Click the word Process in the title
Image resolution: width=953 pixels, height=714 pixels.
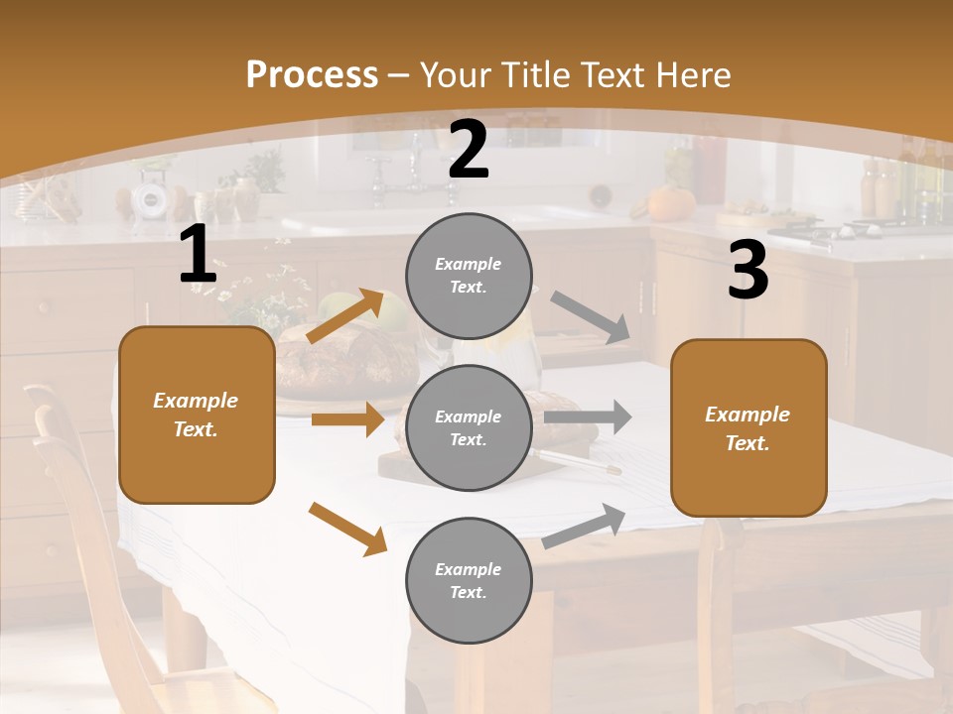pyautogui.click(x=312, y=75)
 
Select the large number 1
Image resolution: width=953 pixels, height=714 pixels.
pyautogui.click(x=198, y=255)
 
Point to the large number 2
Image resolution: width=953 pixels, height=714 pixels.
pyautogui.click(x=469, y=150)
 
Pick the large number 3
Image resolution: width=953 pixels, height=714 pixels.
pyautogui.click(x=748, y=270)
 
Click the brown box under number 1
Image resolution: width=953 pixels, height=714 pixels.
pyautogui.click(x=197, y=415)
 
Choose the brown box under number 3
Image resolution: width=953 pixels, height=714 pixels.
pyautogui.click(x=749, y=427)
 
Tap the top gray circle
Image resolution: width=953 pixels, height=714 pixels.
pyautogui.click(x=469, y=275)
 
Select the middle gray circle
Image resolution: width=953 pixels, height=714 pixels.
pyautogui.click(x=469, y=427)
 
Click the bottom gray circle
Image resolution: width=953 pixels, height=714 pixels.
pyautogui.click(x=469, y=580)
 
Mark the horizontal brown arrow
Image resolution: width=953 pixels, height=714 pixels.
pyautogui.click(x=347, y=419)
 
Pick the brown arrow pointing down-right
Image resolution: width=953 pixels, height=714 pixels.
pyautogui.click(x=347, y=529)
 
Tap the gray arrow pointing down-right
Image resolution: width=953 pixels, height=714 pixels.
pyautogui.click(x=592, y=317)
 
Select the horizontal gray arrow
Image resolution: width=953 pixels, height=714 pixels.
pyautogui.click(x=588, y=416)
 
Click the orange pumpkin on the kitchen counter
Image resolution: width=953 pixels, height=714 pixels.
pyautogui.click(x=671, y=202)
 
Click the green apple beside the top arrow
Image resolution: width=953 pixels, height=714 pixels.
pyautogui.click(x=393, y=311)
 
